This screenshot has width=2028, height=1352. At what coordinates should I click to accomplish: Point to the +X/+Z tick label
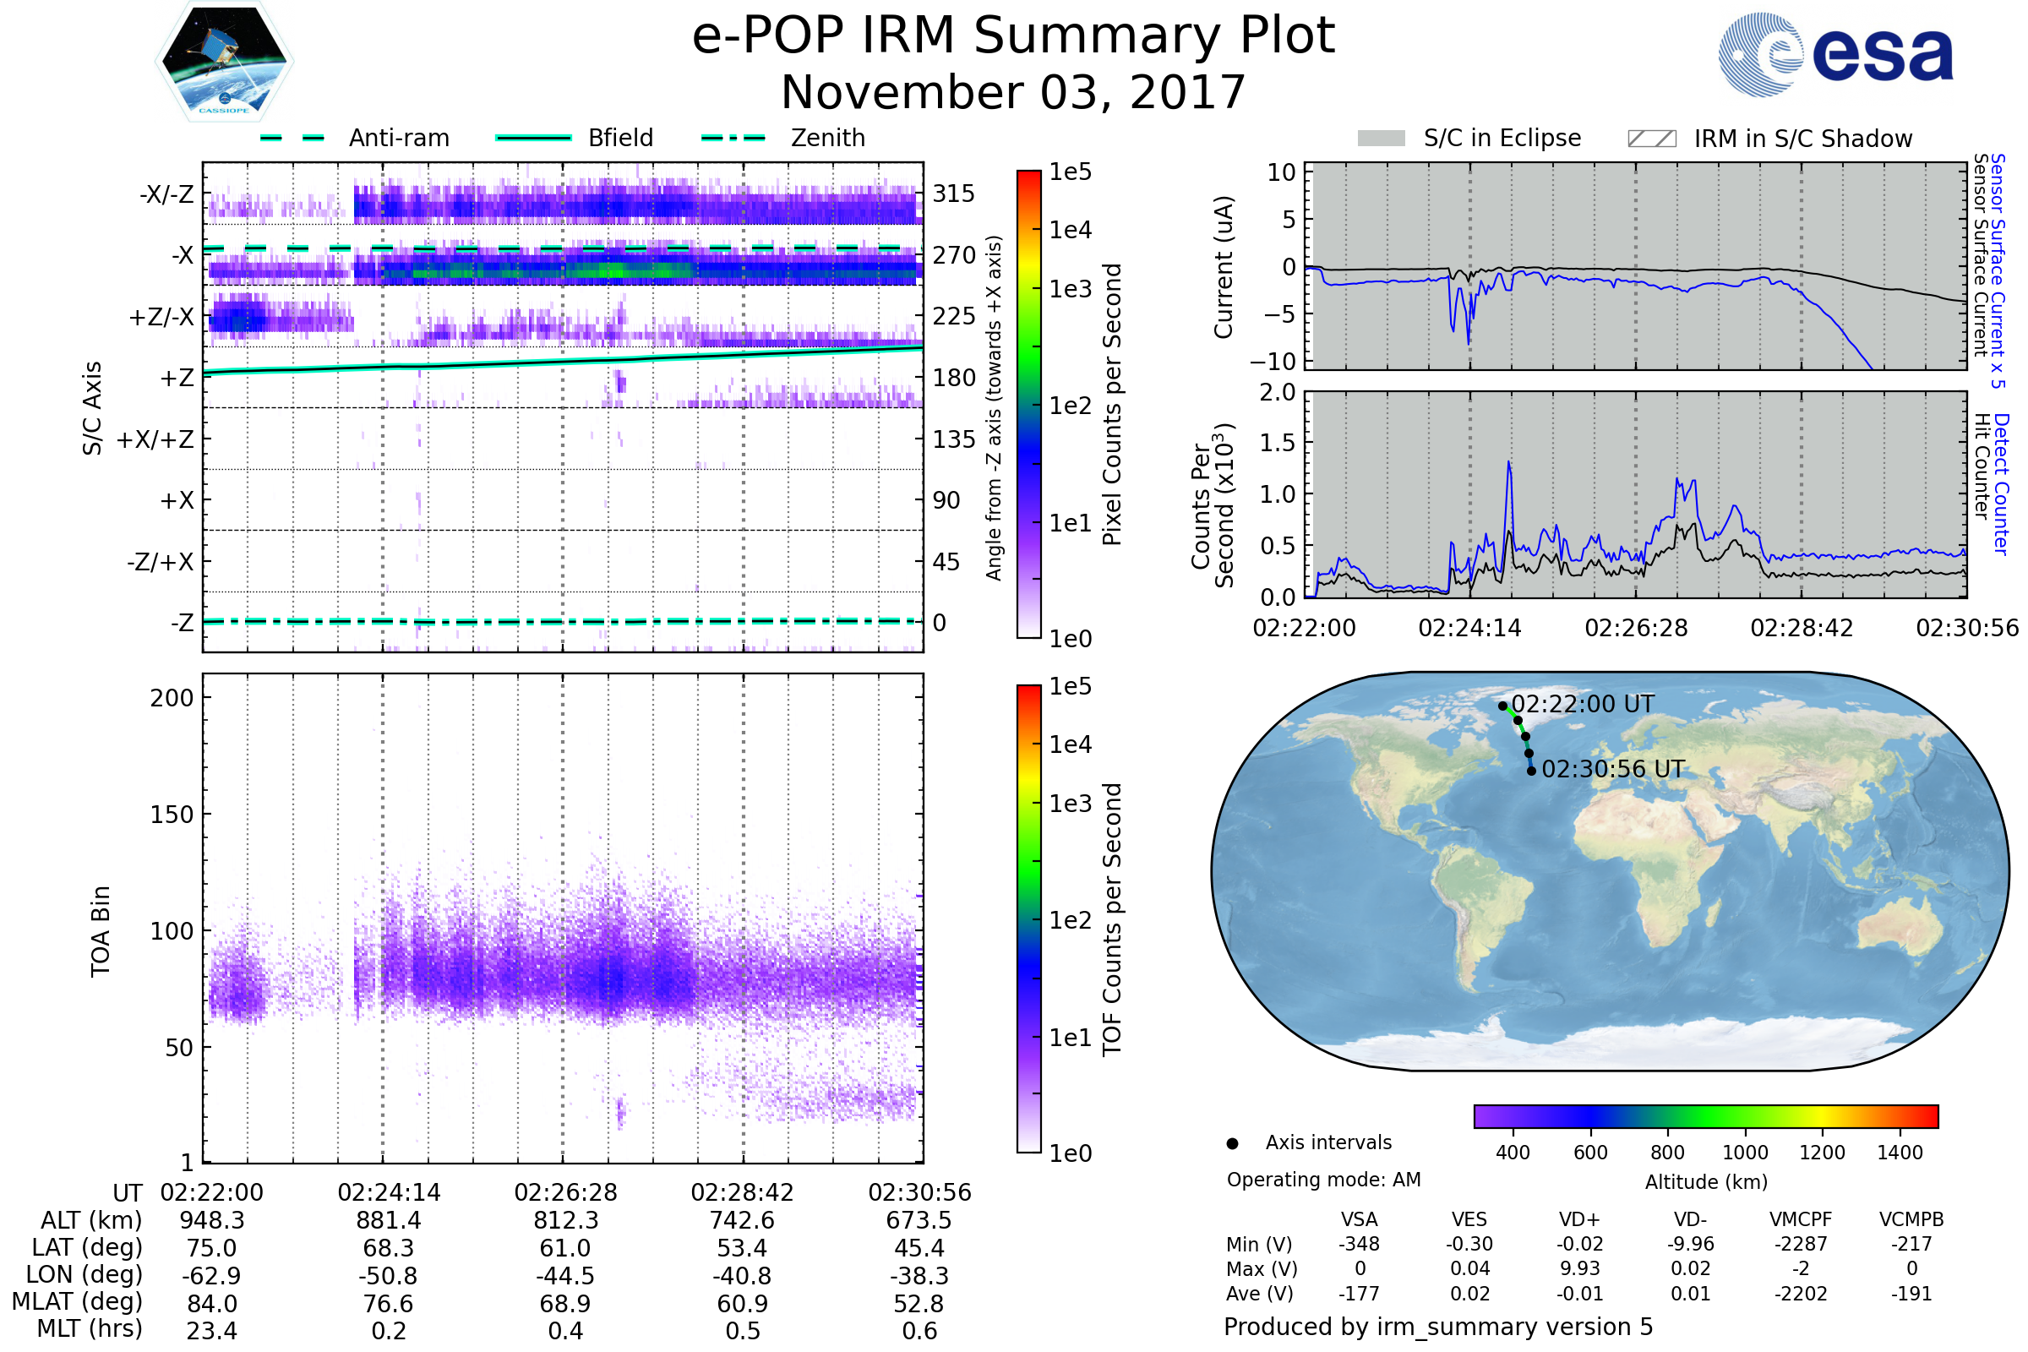[155, 439]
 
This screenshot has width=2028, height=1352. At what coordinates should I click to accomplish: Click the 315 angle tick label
[953, 194]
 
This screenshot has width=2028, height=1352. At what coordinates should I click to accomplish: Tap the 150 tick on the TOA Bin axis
[172, 815]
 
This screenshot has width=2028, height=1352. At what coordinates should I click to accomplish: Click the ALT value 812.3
[565, 1220]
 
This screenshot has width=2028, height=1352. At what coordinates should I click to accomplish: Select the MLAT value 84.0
[211, 1304]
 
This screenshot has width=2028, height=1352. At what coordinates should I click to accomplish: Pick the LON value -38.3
[919, 1275]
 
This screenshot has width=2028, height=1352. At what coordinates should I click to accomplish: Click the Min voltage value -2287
[1801, 1244]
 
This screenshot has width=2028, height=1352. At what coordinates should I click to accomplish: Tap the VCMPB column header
[1911, 1219]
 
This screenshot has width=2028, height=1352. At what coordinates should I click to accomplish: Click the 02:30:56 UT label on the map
[1612, 769]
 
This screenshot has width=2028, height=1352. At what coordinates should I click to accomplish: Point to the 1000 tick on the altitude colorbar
[1744, 1153]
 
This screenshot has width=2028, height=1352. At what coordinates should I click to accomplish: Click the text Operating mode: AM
[1323, 1180]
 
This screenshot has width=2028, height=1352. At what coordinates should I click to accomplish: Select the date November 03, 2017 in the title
[1013, 92]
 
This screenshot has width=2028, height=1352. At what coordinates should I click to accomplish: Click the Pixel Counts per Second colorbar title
[1112, 405]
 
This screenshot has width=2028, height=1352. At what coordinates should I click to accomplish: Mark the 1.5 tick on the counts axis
[1278, 443]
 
